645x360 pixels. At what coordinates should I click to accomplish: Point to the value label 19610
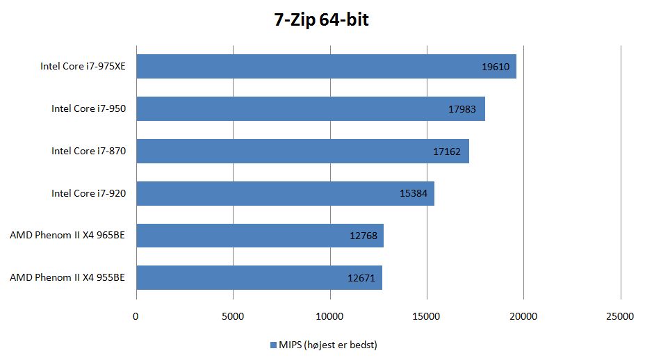point(496,67)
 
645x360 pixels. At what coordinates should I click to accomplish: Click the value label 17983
point(464,109)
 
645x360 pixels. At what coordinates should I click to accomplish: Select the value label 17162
point(446,152)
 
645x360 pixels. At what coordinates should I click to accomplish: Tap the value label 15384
point(414,193)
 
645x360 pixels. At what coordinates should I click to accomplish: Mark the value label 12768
point(363,236)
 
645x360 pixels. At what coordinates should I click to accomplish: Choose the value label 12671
point(361,278)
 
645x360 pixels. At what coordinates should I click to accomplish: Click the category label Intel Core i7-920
point(88,193)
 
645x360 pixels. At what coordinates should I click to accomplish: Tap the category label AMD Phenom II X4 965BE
point(67,235)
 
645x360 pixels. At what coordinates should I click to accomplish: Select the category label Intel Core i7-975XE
point(83,67)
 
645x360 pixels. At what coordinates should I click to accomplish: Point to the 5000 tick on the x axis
point(233,316)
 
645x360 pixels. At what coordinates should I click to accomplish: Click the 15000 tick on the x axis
point(427,316)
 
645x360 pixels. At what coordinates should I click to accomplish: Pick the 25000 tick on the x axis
point(620,316)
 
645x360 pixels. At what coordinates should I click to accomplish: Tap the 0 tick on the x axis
point(136,316)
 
